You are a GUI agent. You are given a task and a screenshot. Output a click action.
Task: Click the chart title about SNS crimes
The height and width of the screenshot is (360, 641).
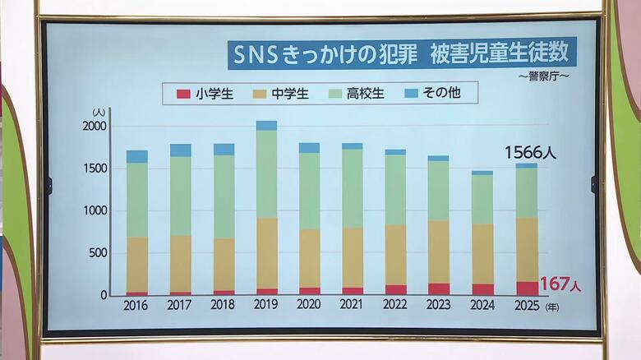402,54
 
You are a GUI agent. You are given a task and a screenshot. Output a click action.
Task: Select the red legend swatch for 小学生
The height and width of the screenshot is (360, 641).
183,94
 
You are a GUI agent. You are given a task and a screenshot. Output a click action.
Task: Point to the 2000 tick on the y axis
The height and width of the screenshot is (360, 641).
95,126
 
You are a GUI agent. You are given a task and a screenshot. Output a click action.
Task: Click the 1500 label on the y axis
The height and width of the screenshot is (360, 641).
95,168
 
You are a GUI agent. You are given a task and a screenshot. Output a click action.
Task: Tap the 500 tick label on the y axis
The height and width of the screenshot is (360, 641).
97,253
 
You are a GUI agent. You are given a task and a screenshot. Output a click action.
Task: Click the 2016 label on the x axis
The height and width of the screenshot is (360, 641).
136,306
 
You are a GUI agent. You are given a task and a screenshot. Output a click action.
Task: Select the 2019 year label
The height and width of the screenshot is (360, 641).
265,306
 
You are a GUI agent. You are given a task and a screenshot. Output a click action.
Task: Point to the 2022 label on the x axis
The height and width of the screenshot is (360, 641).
395,306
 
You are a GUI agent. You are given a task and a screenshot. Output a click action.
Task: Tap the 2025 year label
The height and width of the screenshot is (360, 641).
526,306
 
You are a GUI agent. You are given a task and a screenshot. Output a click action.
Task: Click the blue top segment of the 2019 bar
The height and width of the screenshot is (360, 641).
266,126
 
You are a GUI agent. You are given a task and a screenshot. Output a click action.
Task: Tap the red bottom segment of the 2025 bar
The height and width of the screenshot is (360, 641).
526,288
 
